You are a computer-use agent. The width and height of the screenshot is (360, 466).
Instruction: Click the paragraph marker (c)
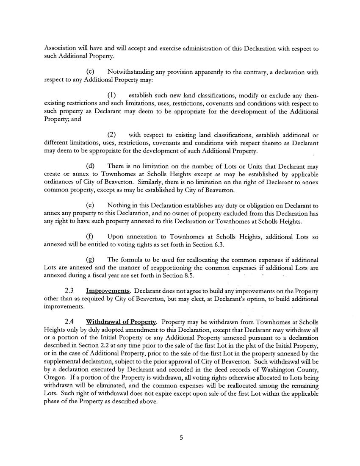[x=90, y=72]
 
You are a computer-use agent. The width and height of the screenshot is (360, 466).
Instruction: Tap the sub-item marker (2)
[x=111, y=135]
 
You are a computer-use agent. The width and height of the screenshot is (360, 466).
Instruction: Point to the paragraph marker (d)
[x=90, y=166]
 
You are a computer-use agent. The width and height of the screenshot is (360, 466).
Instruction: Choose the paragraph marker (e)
[x=90, y=205]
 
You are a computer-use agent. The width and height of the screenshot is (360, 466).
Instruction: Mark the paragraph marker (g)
[x=90, y=259]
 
